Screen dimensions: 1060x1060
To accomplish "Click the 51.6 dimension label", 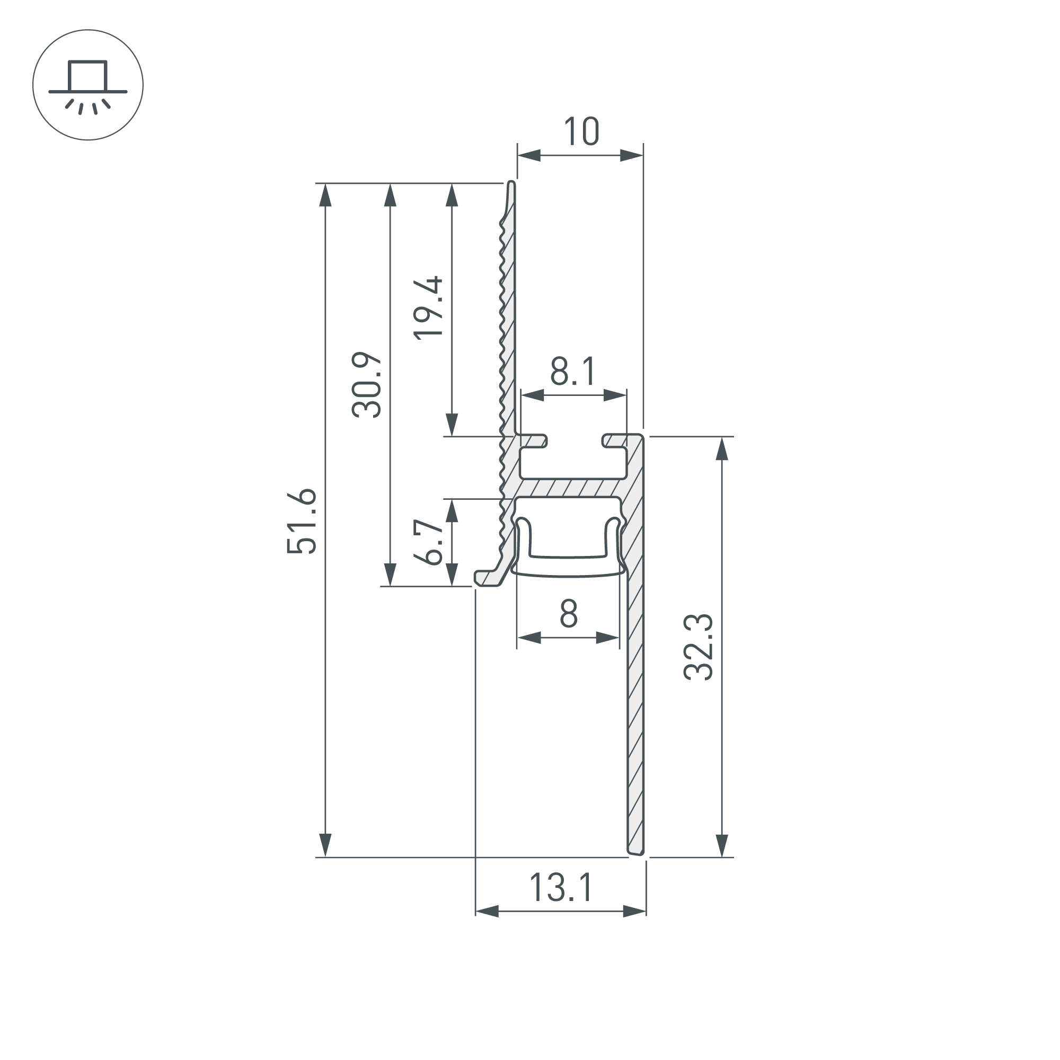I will [302, 520].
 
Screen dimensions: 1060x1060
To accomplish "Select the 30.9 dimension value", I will [367, 385].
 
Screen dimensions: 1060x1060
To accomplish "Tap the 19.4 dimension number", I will [428, 308].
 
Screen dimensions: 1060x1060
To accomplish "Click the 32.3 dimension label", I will [699, 648].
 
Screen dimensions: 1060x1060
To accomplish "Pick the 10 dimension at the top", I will [581, 131].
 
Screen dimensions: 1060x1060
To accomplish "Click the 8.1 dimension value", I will [573, 372].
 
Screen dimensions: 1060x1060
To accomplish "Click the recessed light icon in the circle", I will [88, 85].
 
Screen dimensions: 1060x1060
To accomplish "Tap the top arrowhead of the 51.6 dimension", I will [325, 196].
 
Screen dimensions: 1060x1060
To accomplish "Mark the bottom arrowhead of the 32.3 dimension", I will [722, 845].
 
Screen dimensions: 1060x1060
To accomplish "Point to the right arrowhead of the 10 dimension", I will [631, 155].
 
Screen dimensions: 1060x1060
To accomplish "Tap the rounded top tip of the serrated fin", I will [511, 183].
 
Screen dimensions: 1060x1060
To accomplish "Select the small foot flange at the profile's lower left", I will [486, 578].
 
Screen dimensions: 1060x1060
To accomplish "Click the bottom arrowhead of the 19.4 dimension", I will [452, 424].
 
